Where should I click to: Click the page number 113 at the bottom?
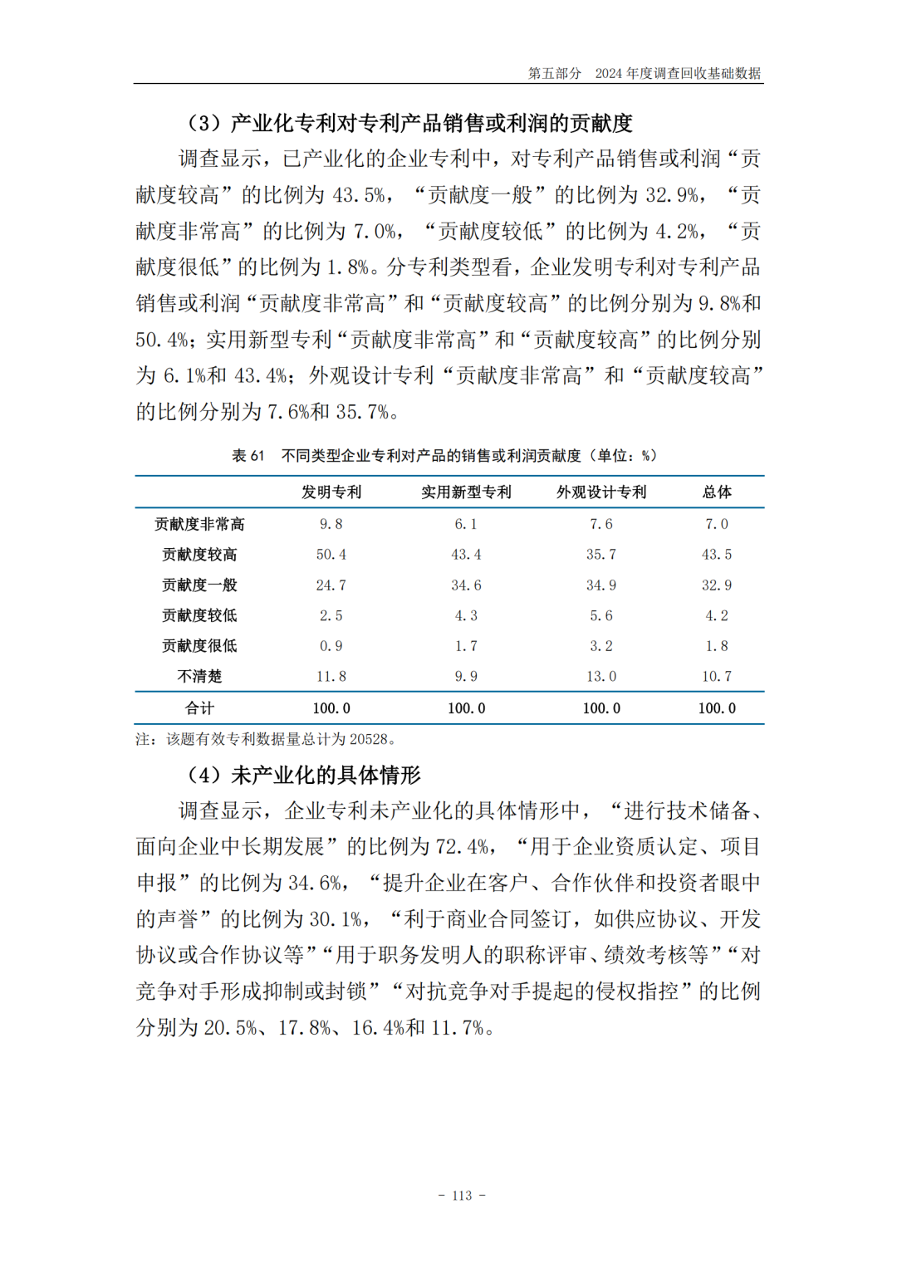point(462,1196)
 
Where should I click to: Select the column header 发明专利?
point(331,492)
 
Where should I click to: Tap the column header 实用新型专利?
point(466,492)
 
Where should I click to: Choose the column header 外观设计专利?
point(601,492)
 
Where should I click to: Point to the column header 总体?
point(717,492)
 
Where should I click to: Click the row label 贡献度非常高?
point(199,524)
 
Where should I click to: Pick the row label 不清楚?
point(199,677)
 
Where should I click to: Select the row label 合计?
point(199,708)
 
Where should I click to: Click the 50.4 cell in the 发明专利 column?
point(331,555)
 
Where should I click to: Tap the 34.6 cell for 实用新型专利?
point(466,585)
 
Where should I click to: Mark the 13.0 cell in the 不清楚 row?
point(601,677)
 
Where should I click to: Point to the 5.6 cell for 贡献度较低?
point(601,616)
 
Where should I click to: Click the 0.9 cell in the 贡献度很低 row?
point(331,646)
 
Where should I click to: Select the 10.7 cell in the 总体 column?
point(717,677)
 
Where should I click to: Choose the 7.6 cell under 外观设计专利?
point(601,524)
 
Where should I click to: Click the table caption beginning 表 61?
point(444,456)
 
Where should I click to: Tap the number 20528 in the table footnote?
point(369,739)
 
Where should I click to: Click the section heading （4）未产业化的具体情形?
point(304,776)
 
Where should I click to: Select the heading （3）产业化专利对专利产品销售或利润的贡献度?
point(409,124)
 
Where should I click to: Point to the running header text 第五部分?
point(554,73)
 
